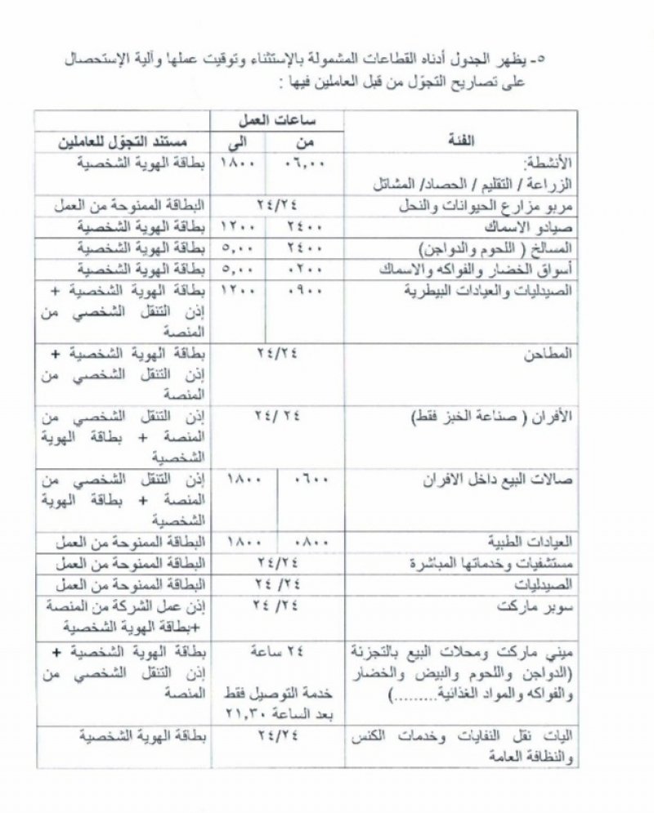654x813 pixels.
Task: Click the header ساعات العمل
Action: coord(279,120)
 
